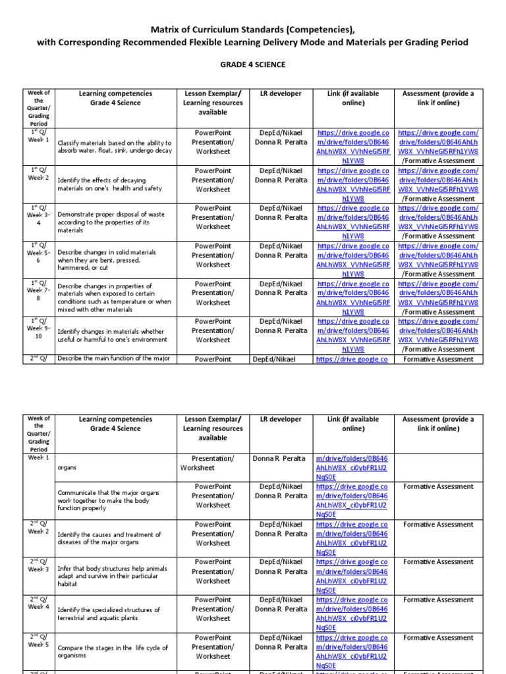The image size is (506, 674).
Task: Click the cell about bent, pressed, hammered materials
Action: [x=113, y=260]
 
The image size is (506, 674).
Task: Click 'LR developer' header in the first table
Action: [x=281, y=93]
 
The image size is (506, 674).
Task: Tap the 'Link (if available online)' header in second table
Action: [x=353, y=424]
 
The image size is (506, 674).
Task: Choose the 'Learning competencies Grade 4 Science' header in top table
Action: [x=115, y=98]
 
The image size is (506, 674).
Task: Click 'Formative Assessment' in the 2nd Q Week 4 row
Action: [x=438, y=600]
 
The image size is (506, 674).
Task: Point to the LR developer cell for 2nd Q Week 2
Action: [x=281, y=529]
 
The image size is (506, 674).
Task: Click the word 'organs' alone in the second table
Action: [x=67, y=467]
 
